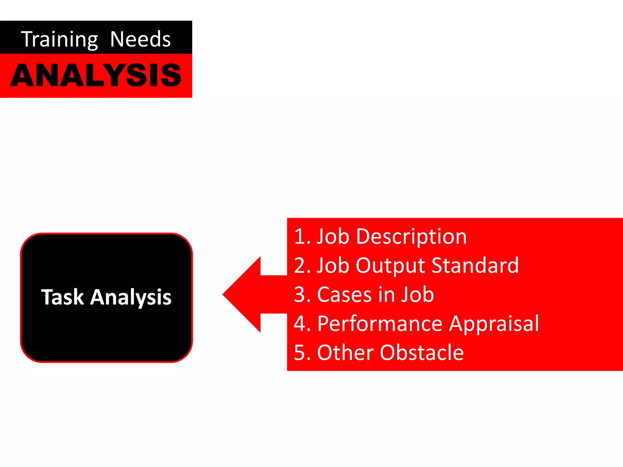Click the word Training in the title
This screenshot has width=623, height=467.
(x=59, y=40)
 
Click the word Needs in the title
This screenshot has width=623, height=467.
(x=140, y=39)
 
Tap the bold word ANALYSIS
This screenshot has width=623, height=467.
(x=96, y=75)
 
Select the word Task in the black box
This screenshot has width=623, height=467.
(x=62, y=297)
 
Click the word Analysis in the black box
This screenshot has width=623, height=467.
(x=131, y=298)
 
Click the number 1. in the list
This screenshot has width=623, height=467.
(x=302, y=237)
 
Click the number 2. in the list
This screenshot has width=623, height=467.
(x=302, y=266)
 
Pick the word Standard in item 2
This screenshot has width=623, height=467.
(x=475, y=265)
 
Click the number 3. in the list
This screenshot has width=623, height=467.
(x=302, y=295)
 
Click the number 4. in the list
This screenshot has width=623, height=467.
(x=302, y=323)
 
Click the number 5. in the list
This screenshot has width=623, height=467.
(x=302, y=353)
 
